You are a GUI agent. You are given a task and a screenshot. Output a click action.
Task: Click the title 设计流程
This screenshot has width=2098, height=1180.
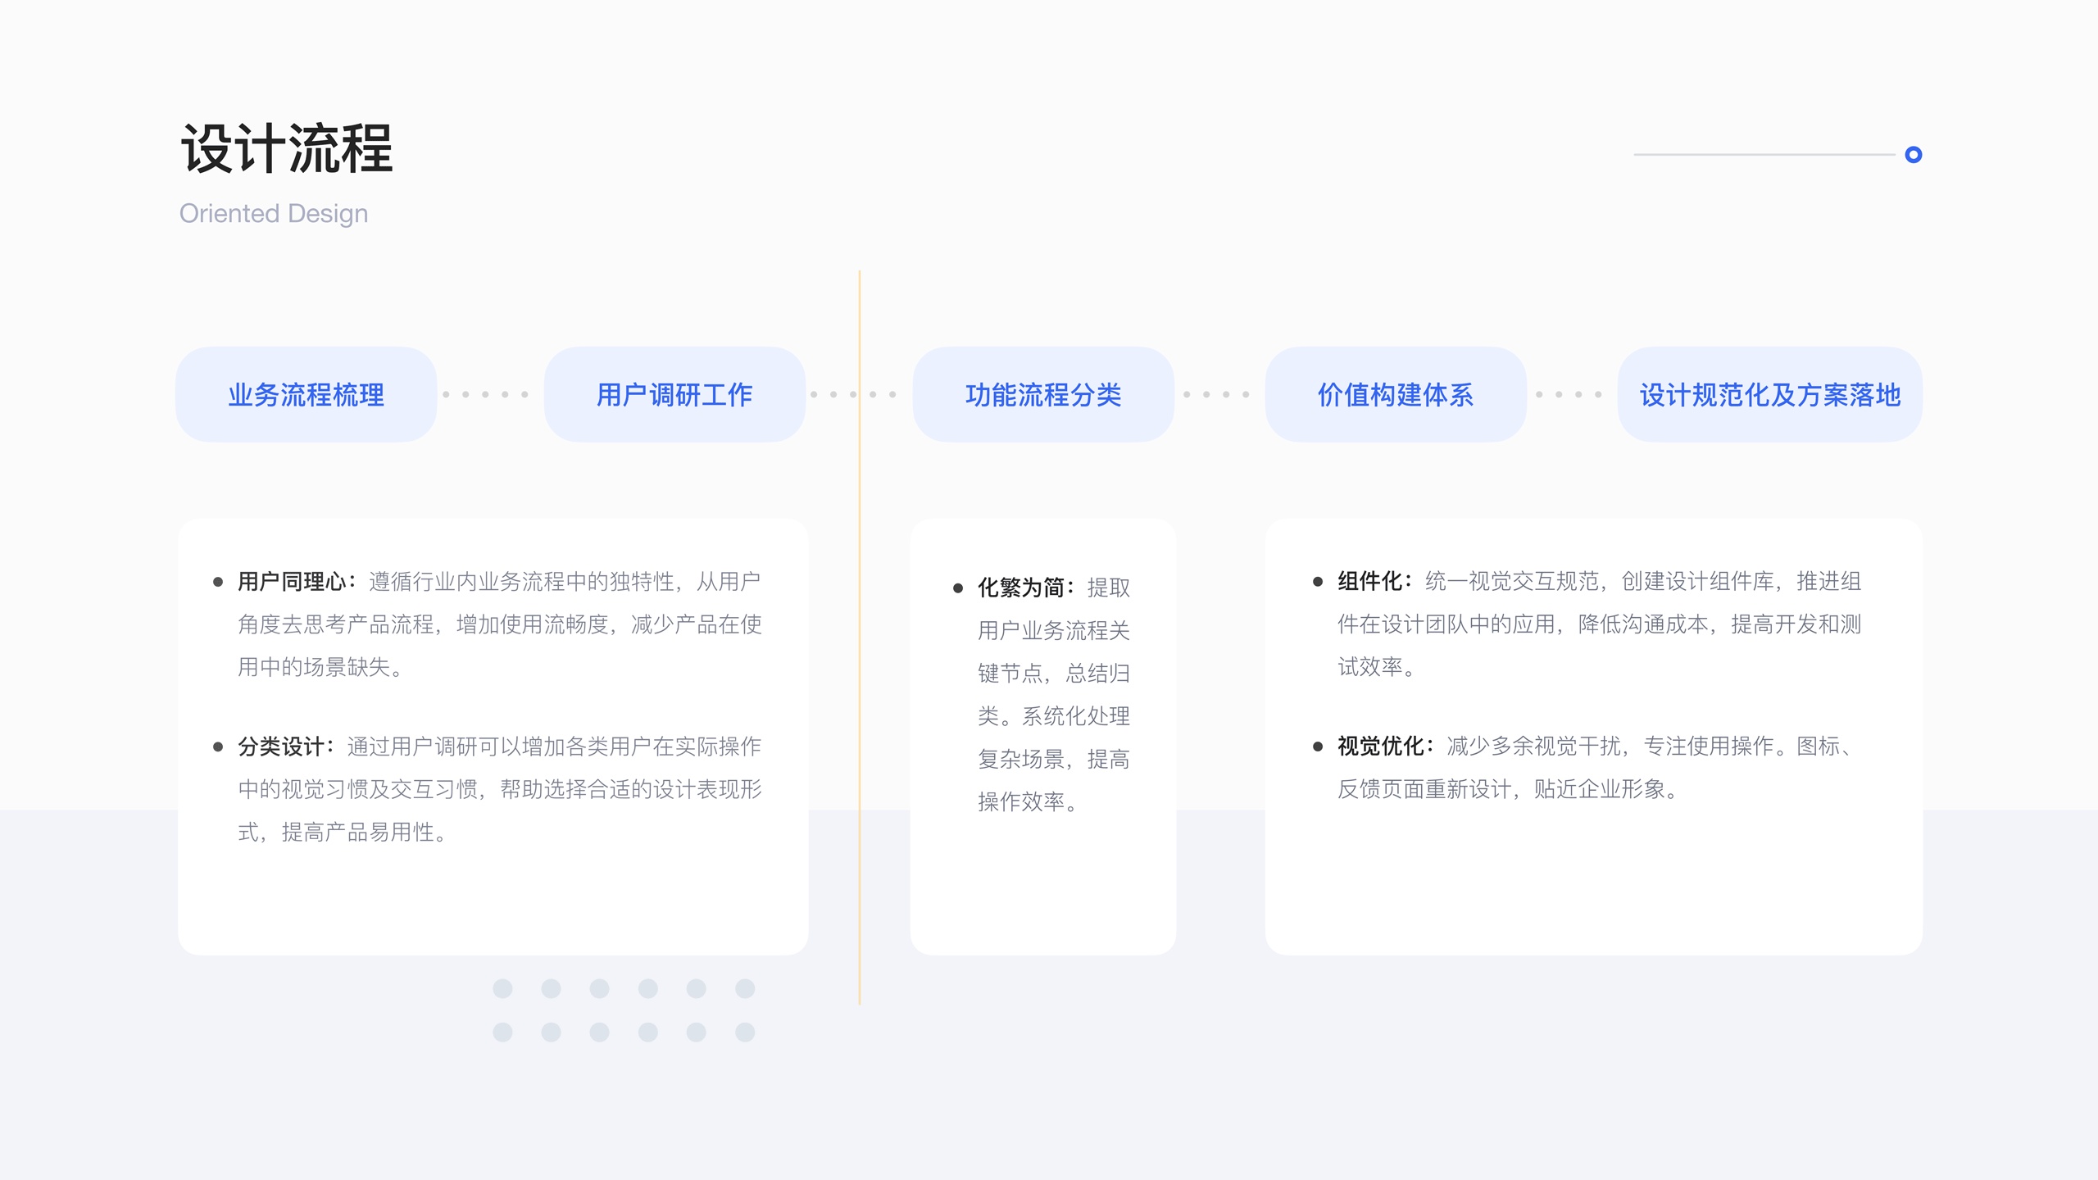[287, 149]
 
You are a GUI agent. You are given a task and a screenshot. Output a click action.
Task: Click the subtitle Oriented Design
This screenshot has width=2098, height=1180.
[274, 214]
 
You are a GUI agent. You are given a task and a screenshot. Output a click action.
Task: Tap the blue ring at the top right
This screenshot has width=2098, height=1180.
[1914, 155]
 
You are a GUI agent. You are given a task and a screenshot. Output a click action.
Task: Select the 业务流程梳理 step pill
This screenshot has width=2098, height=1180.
[306, 395]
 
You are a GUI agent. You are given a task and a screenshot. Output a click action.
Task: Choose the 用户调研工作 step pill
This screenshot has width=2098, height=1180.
[674, 395]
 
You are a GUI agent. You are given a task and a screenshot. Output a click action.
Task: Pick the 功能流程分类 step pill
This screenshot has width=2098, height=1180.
[1043, 395]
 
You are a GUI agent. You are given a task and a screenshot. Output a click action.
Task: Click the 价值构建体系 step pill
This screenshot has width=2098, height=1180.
[1396, 395]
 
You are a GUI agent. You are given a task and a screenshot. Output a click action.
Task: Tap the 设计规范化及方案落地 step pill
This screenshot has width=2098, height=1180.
[1770, 395]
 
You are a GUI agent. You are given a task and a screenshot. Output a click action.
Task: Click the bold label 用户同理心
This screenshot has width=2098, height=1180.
[292, 582]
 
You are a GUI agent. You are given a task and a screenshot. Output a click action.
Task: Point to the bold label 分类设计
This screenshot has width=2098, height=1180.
[281, 747]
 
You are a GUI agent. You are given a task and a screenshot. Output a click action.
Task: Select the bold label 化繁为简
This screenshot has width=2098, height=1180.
[1021, 588]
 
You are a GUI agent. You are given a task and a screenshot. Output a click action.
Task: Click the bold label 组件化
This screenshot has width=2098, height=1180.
[1369, 582]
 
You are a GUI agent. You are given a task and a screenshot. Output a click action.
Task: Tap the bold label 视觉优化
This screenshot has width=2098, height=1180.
[1381, 747]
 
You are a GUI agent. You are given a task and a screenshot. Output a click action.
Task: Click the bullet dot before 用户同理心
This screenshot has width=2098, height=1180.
[218, 583]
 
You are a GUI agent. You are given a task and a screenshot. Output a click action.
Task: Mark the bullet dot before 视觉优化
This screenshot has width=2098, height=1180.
[1318, 747]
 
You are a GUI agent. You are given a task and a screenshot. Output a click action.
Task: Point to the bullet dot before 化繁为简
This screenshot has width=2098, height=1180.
[958, 588]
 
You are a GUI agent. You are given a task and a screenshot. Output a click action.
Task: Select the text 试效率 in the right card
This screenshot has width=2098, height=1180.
[1370, 667]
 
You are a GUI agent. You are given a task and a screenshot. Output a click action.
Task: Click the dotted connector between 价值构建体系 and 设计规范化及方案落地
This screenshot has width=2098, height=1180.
[1569, 395]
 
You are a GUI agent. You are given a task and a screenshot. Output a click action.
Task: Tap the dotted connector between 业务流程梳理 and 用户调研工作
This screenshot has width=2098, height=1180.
[485, 395]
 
